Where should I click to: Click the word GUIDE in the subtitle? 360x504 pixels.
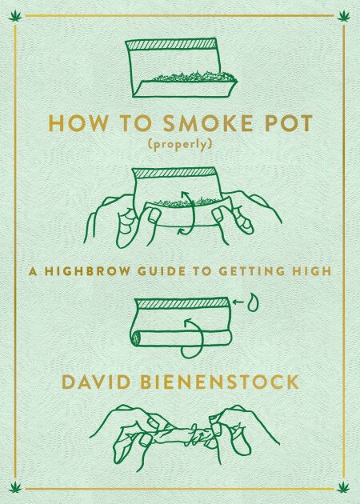coord(162,271)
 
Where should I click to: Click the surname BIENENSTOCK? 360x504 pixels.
coord(220,382)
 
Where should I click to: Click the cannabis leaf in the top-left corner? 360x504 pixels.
coord(15,15)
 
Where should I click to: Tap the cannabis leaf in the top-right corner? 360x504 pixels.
coord(344,15)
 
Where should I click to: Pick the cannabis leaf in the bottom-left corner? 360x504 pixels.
coord(15,487)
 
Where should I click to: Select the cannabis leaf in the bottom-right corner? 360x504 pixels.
coord(344,487)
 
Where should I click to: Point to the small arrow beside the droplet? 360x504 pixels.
coord(238,302)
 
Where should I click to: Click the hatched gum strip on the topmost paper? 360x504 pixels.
coord(171,44)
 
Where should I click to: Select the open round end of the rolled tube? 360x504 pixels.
coord(136,338)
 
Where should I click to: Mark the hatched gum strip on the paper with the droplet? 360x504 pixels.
coord(182,303)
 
